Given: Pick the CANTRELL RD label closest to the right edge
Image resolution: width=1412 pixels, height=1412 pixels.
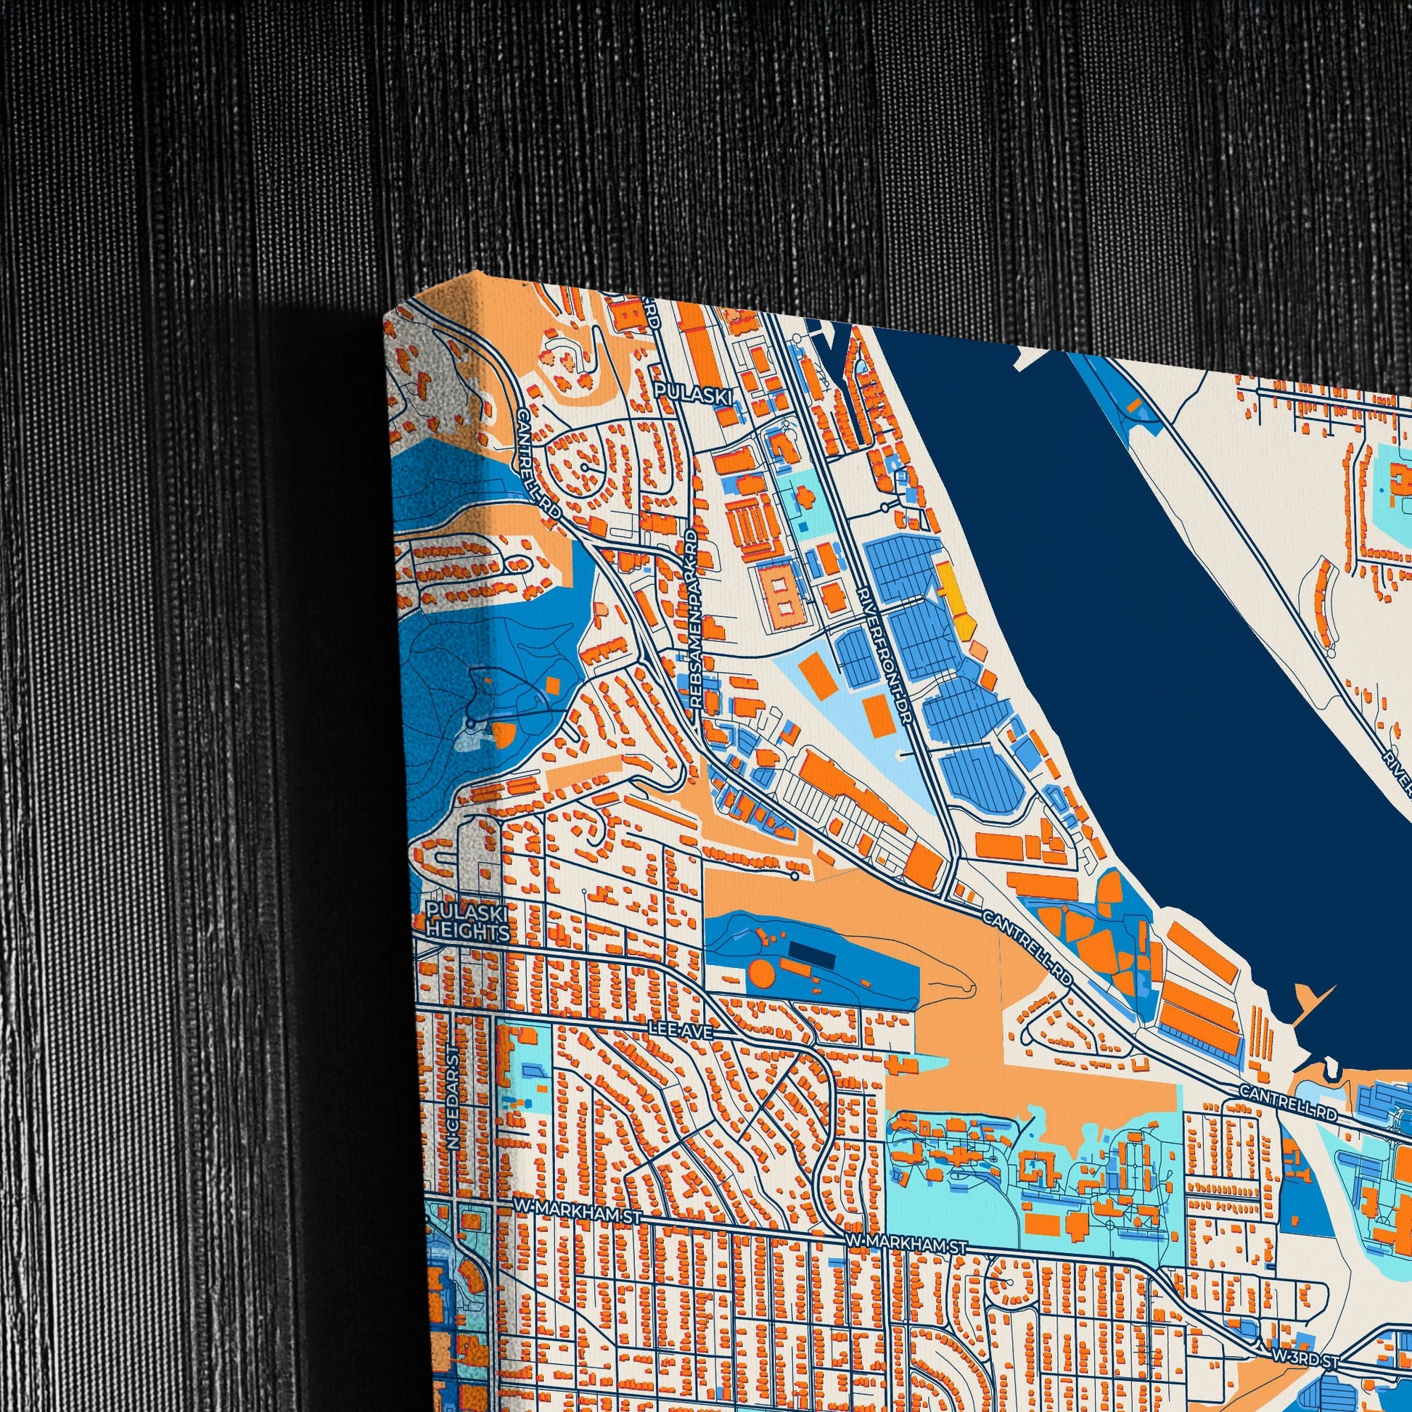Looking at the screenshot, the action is pos(1288,1113).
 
